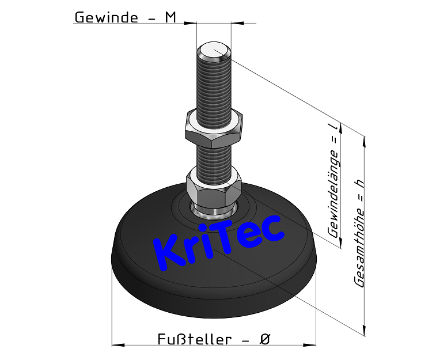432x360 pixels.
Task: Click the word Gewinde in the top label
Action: pyautogui.click(x=106, y=17)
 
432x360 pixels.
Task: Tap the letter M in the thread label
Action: pyautogui.click(x=170, y=17)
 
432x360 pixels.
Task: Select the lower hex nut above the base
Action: pyautogui.click(x=214, y=183)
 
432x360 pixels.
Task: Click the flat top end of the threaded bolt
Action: pyautogui.click(x=214, y=51)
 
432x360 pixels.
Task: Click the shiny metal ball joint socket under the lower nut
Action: pyautogui.click(x=214, y=208)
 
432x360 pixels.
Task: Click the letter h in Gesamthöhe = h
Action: pyautogui.click(x=361, y=183)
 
